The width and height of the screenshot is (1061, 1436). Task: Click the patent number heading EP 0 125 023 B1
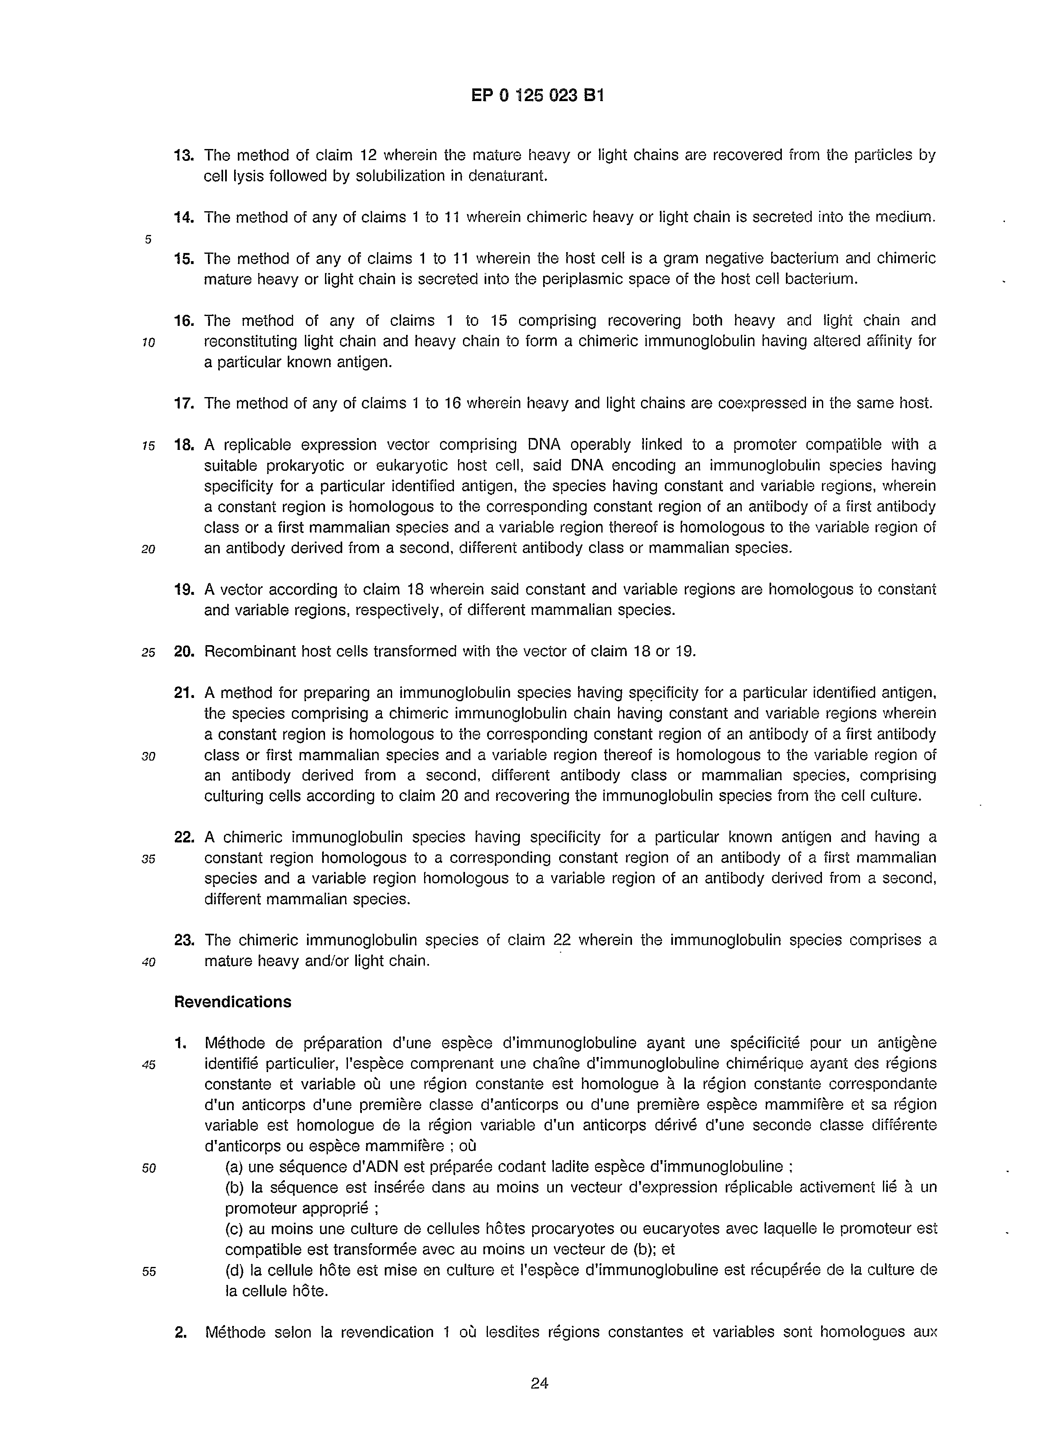coord(537,96)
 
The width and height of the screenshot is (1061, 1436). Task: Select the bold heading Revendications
coord(233,1002)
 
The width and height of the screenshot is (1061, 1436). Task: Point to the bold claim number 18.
coord(184,445)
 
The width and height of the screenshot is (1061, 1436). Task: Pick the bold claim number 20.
coord(184,651)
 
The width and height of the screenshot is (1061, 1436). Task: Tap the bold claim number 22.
coord(184,837)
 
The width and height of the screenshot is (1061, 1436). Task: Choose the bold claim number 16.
coord(184,320)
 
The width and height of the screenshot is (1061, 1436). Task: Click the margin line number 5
coord(148,239)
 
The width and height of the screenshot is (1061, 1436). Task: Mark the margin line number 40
coord(148,962)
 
